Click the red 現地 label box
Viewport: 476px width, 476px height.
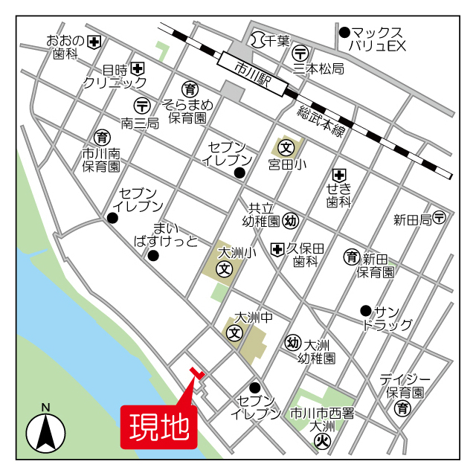pos(158,427)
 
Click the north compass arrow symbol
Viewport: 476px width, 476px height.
pos(46,431)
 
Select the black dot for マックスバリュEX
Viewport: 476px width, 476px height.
pos(344,33)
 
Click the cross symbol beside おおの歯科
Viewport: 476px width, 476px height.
pos(94,41)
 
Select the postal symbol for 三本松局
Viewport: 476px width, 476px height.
pos(301,53)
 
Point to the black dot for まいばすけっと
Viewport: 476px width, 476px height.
pos(153,257)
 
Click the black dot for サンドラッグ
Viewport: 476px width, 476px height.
pos(365,310)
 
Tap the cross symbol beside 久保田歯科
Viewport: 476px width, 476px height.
pos(278,248)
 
